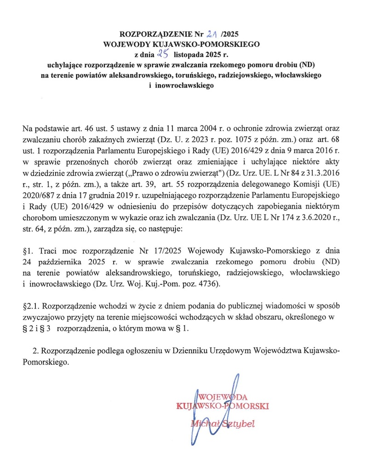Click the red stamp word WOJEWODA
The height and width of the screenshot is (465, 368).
[x=223, y=397]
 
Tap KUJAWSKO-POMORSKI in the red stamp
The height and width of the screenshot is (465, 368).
[x=222, y=407]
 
